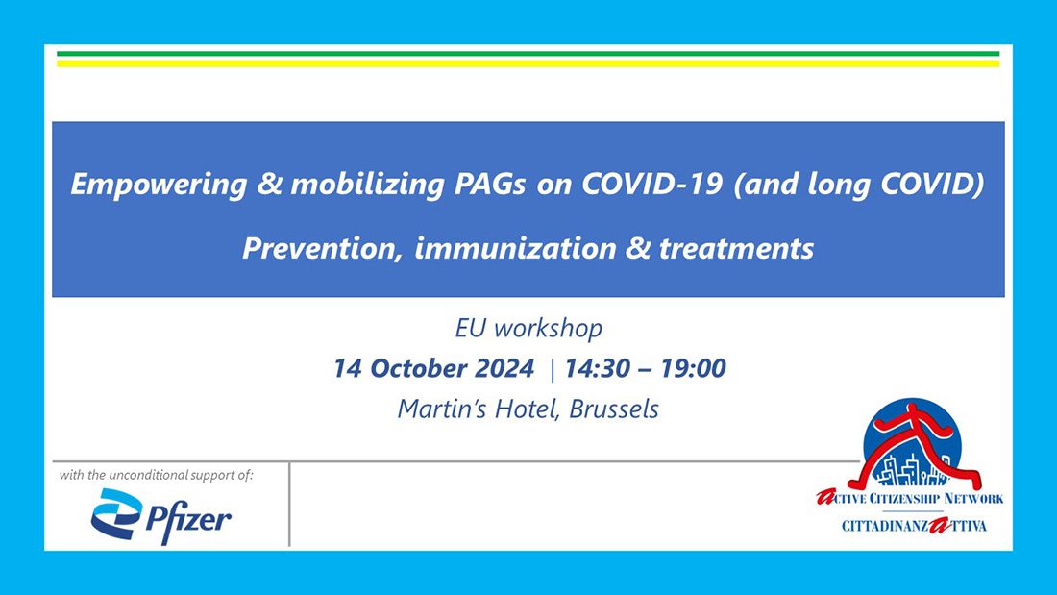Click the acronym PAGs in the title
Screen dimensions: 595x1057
(x=498, y=185)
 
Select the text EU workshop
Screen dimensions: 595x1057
(x=528, y=329)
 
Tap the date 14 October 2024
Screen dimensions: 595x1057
(x=433, y=368)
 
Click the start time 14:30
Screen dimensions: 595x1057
(x=599, y=368)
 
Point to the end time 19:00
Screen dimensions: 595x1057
(x=693, y=368)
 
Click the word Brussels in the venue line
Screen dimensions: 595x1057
(x=614, y=409)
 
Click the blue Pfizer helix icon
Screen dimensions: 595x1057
(x=115, y=516)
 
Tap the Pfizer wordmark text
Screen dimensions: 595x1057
(x=188, y=519)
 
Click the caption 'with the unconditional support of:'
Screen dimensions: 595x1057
(x=157, y=475)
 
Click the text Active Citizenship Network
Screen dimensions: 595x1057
(x=909, y=498)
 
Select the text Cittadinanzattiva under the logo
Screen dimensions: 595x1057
(x=914, y=526)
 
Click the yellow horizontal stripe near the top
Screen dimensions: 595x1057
(x=528, y=63)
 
